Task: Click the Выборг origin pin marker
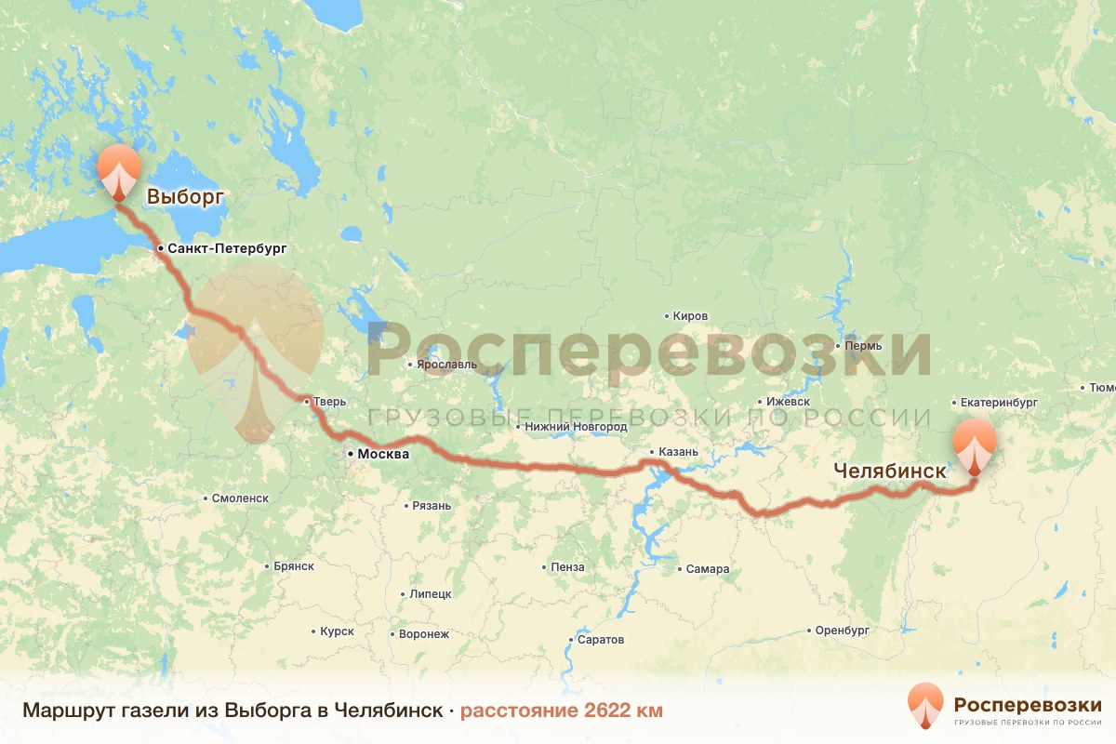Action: pos(119,171)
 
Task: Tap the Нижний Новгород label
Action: pos(576,427)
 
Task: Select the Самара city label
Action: pos(709,569)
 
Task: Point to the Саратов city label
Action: pos(601,640)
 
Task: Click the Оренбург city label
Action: pos(842,630)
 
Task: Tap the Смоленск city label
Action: pos(240,498)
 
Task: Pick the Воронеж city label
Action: pos(423,634)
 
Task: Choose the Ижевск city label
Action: pos(787,402)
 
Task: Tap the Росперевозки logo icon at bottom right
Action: pos(925,704)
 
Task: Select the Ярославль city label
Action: pos(446,365)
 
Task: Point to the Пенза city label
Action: pos(567,567)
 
